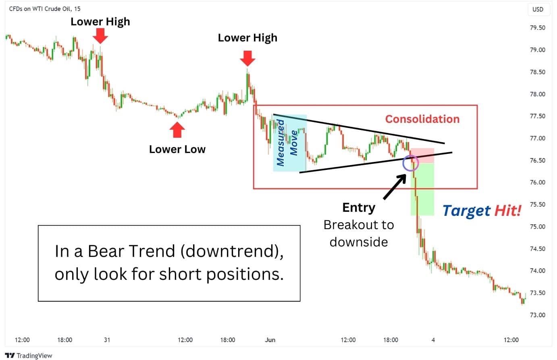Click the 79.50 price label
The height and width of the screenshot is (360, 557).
537,27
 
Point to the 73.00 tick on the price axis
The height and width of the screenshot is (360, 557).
537,315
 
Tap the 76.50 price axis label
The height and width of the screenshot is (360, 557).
537,160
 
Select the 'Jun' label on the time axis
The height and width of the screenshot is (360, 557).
270,339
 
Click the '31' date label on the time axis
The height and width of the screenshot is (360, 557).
107,339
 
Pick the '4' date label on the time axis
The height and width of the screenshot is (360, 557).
433,339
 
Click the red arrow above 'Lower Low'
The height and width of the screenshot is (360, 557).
177,130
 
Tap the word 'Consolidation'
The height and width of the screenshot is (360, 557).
422,119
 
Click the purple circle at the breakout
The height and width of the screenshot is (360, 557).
403,163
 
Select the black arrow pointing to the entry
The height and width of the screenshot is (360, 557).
395,186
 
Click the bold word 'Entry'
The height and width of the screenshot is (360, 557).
359,207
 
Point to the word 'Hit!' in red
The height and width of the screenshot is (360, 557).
508,211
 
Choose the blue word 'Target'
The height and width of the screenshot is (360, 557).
466,211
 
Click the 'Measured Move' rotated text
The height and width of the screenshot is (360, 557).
287,143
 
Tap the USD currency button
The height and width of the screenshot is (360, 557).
538,9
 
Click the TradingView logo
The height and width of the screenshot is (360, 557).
28,356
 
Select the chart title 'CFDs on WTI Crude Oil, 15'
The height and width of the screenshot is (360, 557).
45,9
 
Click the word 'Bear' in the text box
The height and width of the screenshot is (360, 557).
106,251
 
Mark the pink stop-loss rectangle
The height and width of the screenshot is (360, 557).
422,155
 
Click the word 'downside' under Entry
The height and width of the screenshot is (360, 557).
359,242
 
